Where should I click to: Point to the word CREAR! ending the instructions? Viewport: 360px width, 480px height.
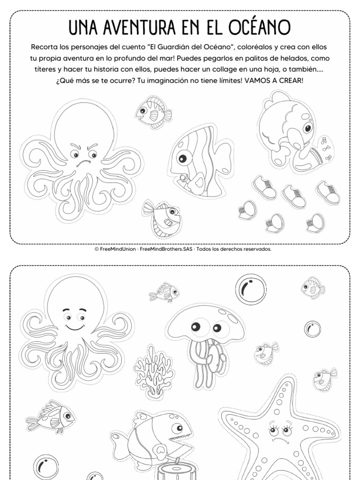pos(291,81)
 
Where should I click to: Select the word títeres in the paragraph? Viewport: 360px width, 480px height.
pos(45,69)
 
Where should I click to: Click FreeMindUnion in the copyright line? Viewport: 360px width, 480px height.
pos(118,249)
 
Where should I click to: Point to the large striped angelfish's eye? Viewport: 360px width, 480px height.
pos(183,158)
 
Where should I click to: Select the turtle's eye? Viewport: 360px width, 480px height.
pos(307,127)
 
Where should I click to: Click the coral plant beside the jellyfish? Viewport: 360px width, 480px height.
pos(154,371)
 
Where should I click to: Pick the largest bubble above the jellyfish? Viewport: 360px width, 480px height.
pos(250,289)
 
